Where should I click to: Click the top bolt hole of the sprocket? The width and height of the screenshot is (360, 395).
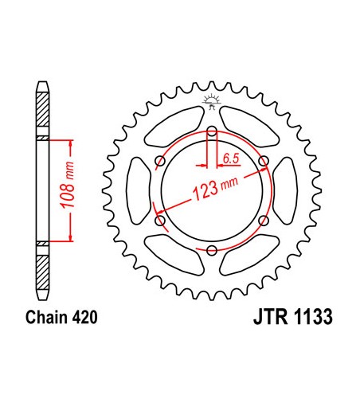click(211, 132)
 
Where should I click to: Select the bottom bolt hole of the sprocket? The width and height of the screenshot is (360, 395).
click(211, 251)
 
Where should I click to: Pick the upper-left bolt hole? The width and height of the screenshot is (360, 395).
click(159, 162)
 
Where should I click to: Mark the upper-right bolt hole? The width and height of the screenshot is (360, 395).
click(263, 162)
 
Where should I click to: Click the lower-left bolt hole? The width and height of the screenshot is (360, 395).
click(159, 221)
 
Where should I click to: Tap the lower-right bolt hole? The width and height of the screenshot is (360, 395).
click(263, 221)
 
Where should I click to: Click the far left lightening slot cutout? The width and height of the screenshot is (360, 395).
click(138, 191)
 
